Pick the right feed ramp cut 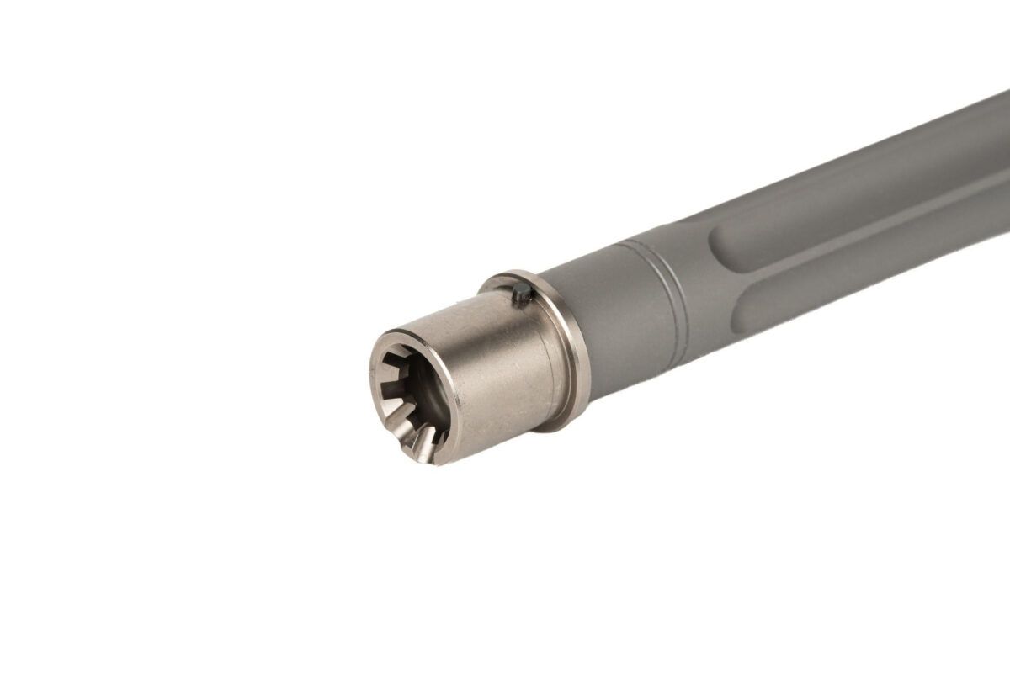click(428, 435)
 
